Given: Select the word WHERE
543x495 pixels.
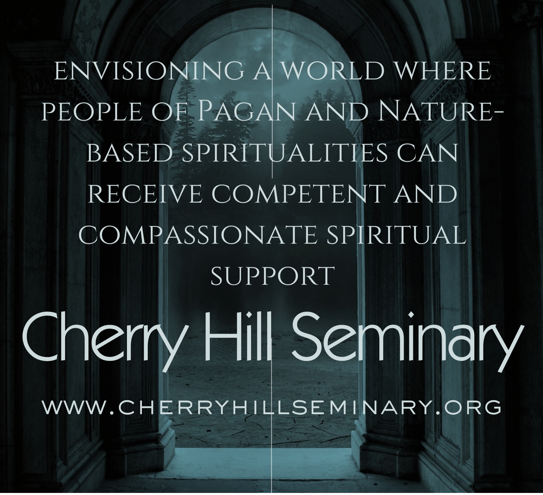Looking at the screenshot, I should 435,71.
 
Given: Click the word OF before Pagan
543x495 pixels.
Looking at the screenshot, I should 173,111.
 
